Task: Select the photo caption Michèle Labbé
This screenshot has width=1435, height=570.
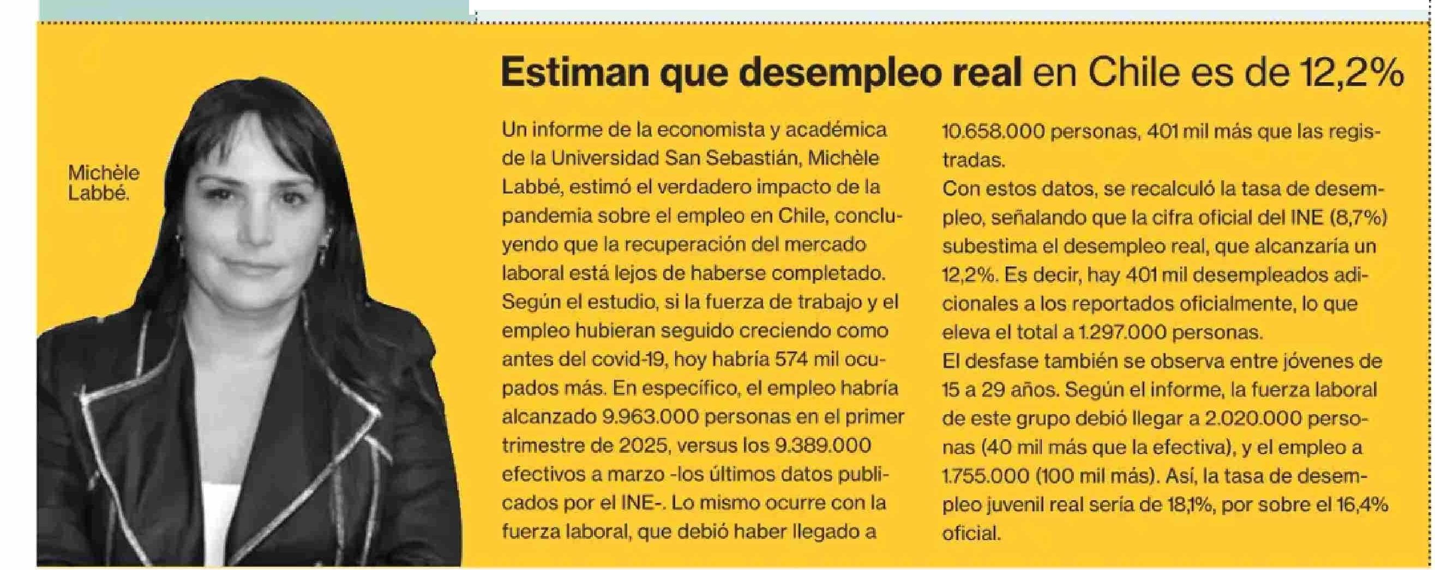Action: (x=103, y=183)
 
